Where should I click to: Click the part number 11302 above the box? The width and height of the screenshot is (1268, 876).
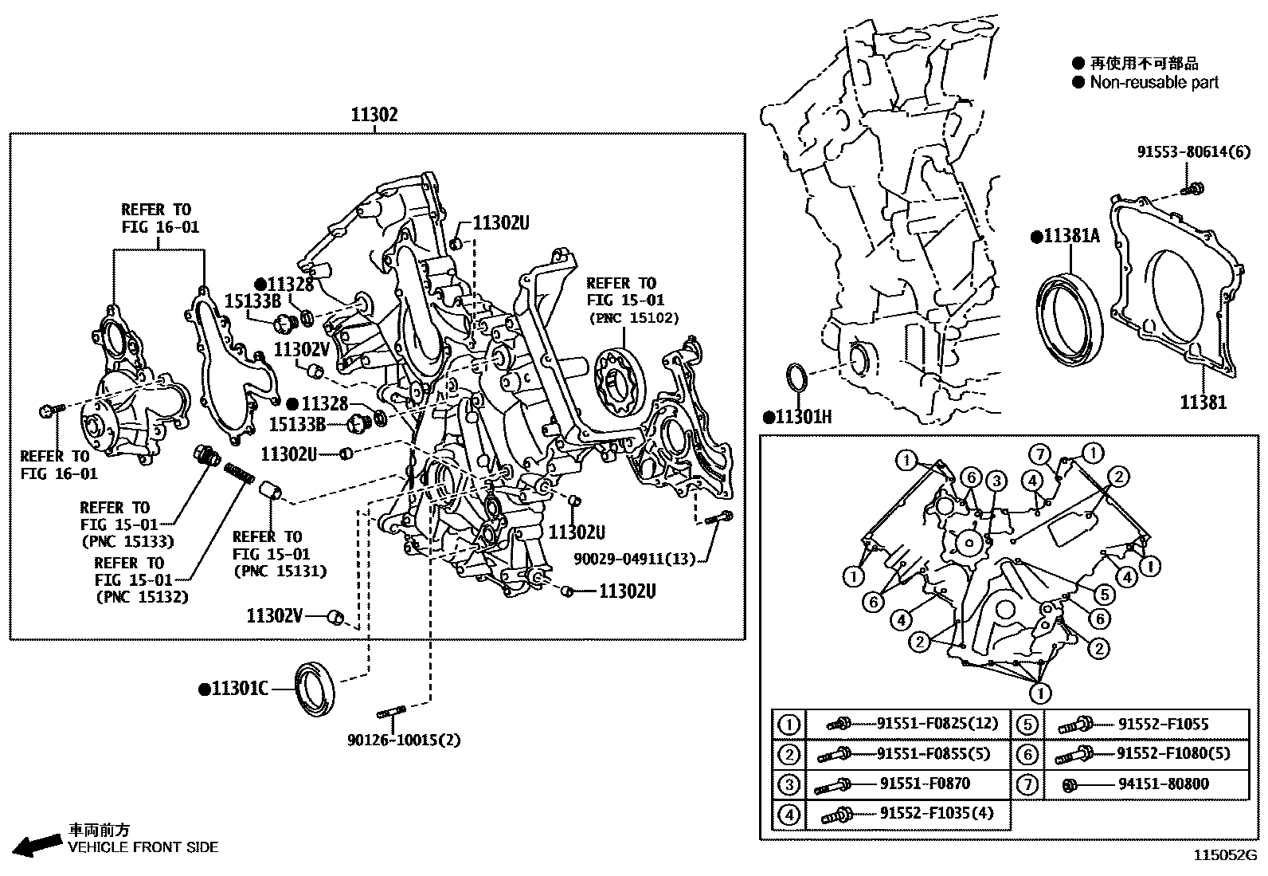pyautogui.click(x=374, y=115)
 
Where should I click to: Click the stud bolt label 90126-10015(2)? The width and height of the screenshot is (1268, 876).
pyautogui.click(x=403, y=740)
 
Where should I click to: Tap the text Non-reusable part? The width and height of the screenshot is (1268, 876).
pyautogui.click(x=1153, y=82)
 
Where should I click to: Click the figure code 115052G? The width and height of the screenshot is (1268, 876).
pyautogui.click(x=1223, y=856)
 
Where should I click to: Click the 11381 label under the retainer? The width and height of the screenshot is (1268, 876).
pyautogui.click(x=1203, y=403)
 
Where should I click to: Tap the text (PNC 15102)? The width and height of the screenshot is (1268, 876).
pyautogui.click(x=633, y=318)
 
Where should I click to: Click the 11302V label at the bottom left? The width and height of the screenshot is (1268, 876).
pyautogui.click(x=275, y=615)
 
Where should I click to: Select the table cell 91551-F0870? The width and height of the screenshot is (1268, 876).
pyautogui.click(x=924, y=784)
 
